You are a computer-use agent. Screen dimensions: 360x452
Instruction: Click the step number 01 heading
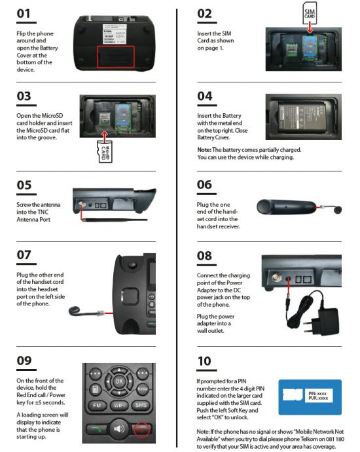click(x=24, y=14)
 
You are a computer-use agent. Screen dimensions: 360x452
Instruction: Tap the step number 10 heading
click(x=204, y=361)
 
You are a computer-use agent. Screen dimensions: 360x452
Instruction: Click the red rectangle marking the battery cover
click(x=116, y=56)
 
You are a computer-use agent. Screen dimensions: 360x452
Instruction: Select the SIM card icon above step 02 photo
click(x=310, y=13)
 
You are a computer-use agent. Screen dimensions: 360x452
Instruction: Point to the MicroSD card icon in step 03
click(x=105, y=152)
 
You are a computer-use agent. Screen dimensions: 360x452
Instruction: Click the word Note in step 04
click(x=204, y=150)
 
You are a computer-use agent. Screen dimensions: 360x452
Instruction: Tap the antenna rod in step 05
click(x=115, y=220)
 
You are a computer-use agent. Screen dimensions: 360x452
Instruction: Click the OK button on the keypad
click(x=119, y=381)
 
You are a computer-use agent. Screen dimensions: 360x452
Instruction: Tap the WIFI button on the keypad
click(x=119, y=406)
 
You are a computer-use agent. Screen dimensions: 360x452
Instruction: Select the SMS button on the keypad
click(x=141, y=406)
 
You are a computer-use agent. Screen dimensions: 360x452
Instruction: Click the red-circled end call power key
click(x=142, y=430)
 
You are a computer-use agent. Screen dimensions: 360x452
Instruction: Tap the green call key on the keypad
click(x=97, y=430)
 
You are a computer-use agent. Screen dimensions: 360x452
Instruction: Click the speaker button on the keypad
click(x=119, y=429)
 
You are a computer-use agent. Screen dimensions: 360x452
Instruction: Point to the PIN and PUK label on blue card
click(x=319, y=396)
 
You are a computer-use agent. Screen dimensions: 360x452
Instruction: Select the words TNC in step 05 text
click(x=43, y=212)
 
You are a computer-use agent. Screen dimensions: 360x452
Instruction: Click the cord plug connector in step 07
click(x=100, y=313)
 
